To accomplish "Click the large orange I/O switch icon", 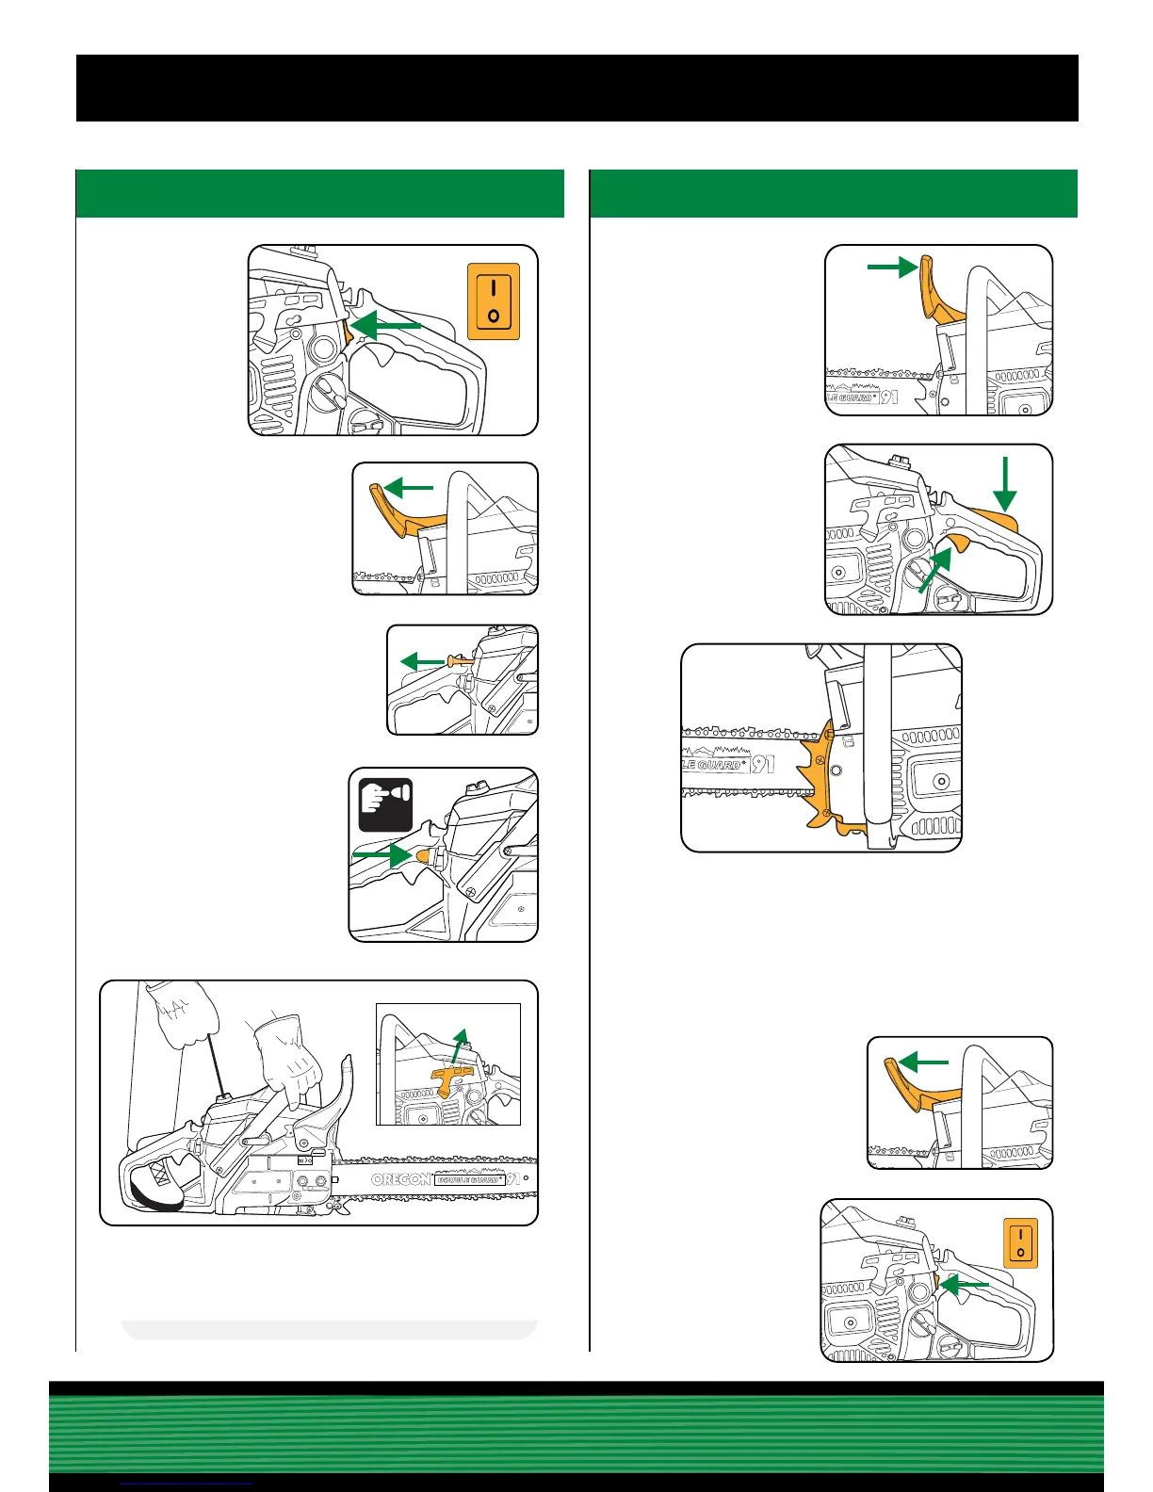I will point(494,301).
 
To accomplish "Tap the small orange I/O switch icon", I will point(1020,1242).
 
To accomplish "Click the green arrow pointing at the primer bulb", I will point(381,854).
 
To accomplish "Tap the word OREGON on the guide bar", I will point(400,1179).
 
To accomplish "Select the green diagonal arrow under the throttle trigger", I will point(935,570).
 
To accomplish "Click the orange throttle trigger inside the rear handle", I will point(959,542).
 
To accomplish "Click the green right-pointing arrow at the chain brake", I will point(891,268).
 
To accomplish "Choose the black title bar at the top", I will point(576,88).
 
